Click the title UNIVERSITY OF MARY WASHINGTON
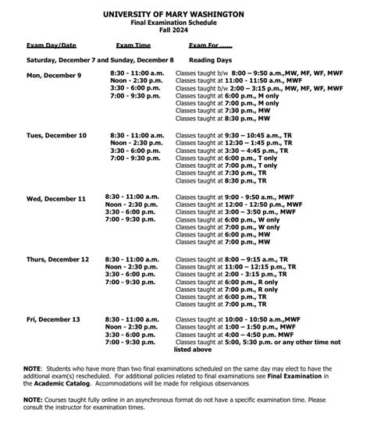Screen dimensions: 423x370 [x=184, y=14]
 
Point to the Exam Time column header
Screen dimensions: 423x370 [x=133, y=45]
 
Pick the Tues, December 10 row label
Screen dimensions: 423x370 [x=56, y=135]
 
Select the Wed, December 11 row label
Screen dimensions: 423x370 [x=55, y=199]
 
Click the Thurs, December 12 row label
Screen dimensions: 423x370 [x=58, y=258]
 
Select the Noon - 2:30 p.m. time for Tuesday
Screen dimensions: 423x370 [x=138, y=143]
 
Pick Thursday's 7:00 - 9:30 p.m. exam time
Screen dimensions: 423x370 [x=138, y=281]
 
